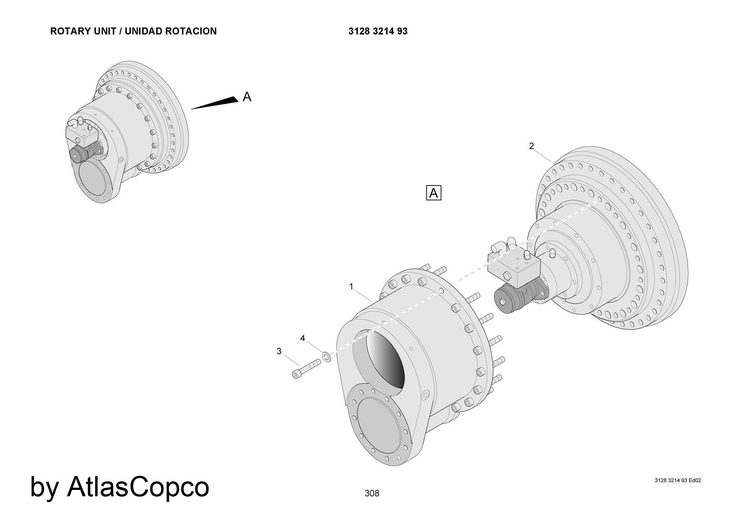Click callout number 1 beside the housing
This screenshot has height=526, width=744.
tap(351, 286)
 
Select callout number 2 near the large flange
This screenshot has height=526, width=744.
tap(532, 146)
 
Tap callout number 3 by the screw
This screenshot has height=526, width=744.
tap(279, 351)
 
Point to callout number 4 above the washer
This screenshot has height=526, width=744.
tap(302, 338)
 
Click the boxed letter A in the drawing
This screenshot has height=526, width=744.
tap(433, 193)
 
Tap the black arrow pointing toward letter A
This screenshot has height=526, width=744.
tap(216, 104)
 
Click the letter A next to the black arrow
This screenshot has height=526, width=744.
tap(247, 97)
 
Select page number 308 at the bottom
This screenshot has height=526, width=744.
tap(372, 493)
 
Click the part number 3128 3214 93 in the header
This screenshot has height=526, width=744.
tap(378, 31)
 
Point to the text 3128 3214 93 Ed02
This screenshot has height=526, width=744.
tap(678, 480)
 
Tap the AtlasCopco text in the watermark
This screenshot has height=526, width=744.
tap(138, 487)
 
